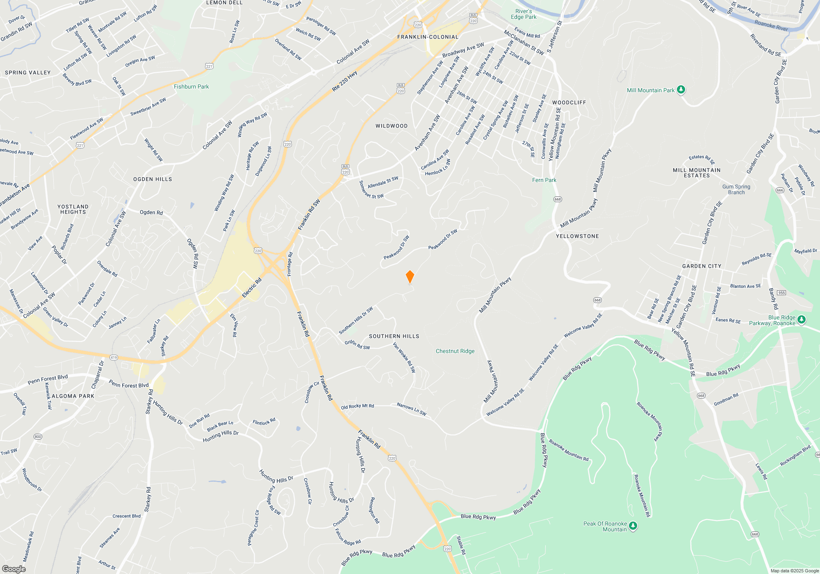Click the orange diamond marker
[410, 277]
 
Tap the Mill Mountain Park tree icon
[681, 90]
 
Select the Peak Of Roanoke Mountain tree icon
[633, 526]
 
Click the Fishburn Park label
[191, 87]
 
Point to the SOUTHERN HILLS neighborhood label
[394, 336]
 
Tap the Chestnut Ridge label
[455, 351]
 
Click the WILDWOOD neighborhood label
[392, 126]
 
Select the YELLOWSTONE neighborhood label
[577, 236]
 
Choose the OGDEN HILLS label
[153, 179]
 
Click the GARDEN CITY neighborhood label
[702, 266]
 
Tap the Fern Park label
[544, 180]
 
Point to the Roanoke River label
[771, 25]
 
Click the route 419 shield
[114, 358]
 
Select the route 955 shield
[781, 292]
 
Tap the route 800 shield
[38, 437]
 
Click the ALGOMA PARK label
[73, 396]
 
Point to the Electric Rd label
[252, 288]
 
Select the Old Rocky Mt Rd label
[357, 406]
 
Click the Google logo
[14, 569]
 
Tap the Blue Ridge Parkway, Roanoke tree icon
[802, 319]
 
